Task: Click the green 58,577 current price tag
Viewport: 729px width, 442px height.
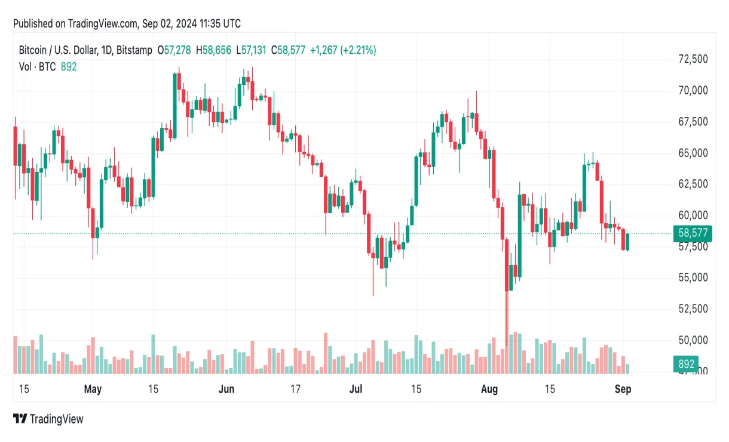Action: (691, 234)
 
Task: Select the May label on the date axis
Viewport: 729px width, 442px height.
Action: (93, 389)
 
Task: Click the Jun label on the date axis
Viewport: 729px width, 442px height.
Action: (226, 389)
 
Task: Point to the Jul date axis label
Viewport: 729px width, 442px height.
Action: (356, 389)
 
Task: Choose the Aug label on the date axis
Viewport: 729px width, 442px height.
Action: (489, 389)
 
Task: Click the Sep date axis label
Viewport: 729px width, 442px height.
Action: (623, 389)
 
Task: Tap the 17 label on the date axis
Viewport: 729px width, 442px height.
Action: (295, 389)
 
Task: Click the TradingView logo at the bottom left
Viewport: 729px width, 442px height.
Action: (48, 419)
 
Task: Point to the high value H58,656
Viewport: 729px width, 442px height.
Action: (213, 51)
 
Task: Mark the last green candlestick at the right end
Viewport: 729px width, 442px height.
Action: (627, 242)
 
